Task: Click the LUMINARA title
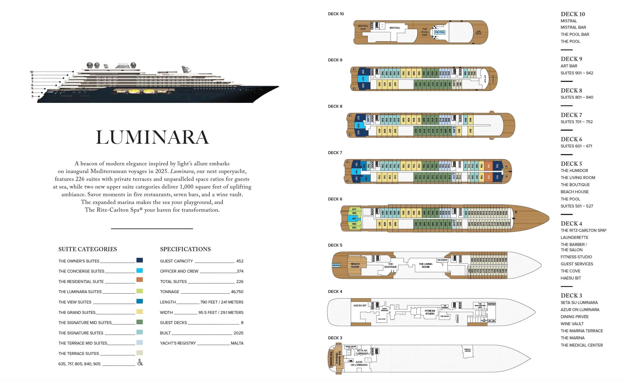[x=153, y=137]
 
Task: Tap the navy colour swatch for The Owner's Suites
[x=139, y=260]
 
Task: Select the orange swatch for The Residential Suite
[x=139, y=280]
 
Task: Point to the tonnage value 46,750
[x=237, y=292]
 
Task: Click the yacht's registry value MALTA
[x=237, y=343]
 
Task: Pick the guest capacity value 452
[x=240, y=261]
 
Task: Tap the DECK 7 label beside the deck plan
[x=335, y=153]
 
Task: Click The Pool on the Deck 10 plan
[x=440, y=32]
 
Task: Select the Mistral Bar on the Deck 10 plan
[x=363, y=28]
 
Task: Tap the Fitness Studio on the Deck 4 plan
[x=430, y=312]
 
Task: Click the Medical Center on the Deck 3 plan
[x=468, y=350]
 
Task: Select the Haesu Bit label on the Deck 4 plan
[x=360, y=306]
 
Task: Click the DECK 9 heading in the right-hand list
[x=571, y=59]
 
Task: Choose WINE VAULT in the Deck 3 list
[x=572, y=324]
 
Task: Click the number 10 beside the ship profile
[x=32, y=72]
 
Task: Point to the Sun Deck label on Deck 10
[x=478, y=32]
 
